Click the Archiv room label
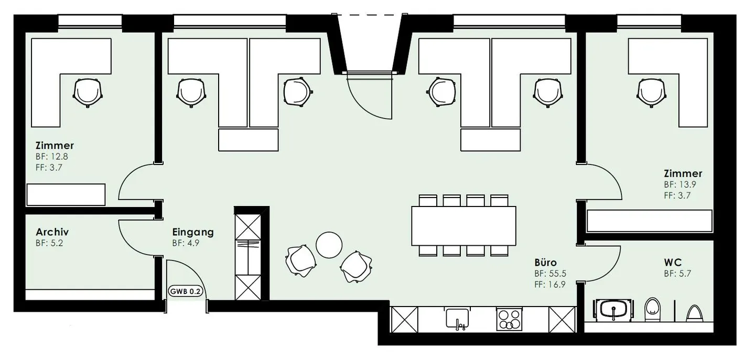[x=52, y=232]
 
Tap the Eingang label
[x=193, y=232]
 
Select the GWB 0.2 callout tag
[x=186, y=291]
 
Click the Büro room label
[x=545, y=263]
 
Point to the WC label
[x=673, y=263]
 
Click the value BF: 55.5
[x=550, y=274]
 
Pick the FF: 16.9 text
[x=549, y=285]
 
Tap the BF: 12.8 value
[x=52, y=157]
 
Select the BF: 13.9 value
[x=680, y=184]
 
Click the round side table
[x=329, y=245]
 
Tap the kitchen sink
[x=457, y=318]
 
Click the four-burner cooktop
[x=509, y=319]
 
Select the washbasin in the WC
[x=613, y=309]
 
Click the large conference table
[x=463, y=226]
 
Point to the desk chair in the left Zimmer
[x=88, y=93]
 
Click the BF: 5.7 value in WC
[x=677, y=274]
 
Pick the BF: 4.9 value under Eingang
[x=186, y=243]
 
